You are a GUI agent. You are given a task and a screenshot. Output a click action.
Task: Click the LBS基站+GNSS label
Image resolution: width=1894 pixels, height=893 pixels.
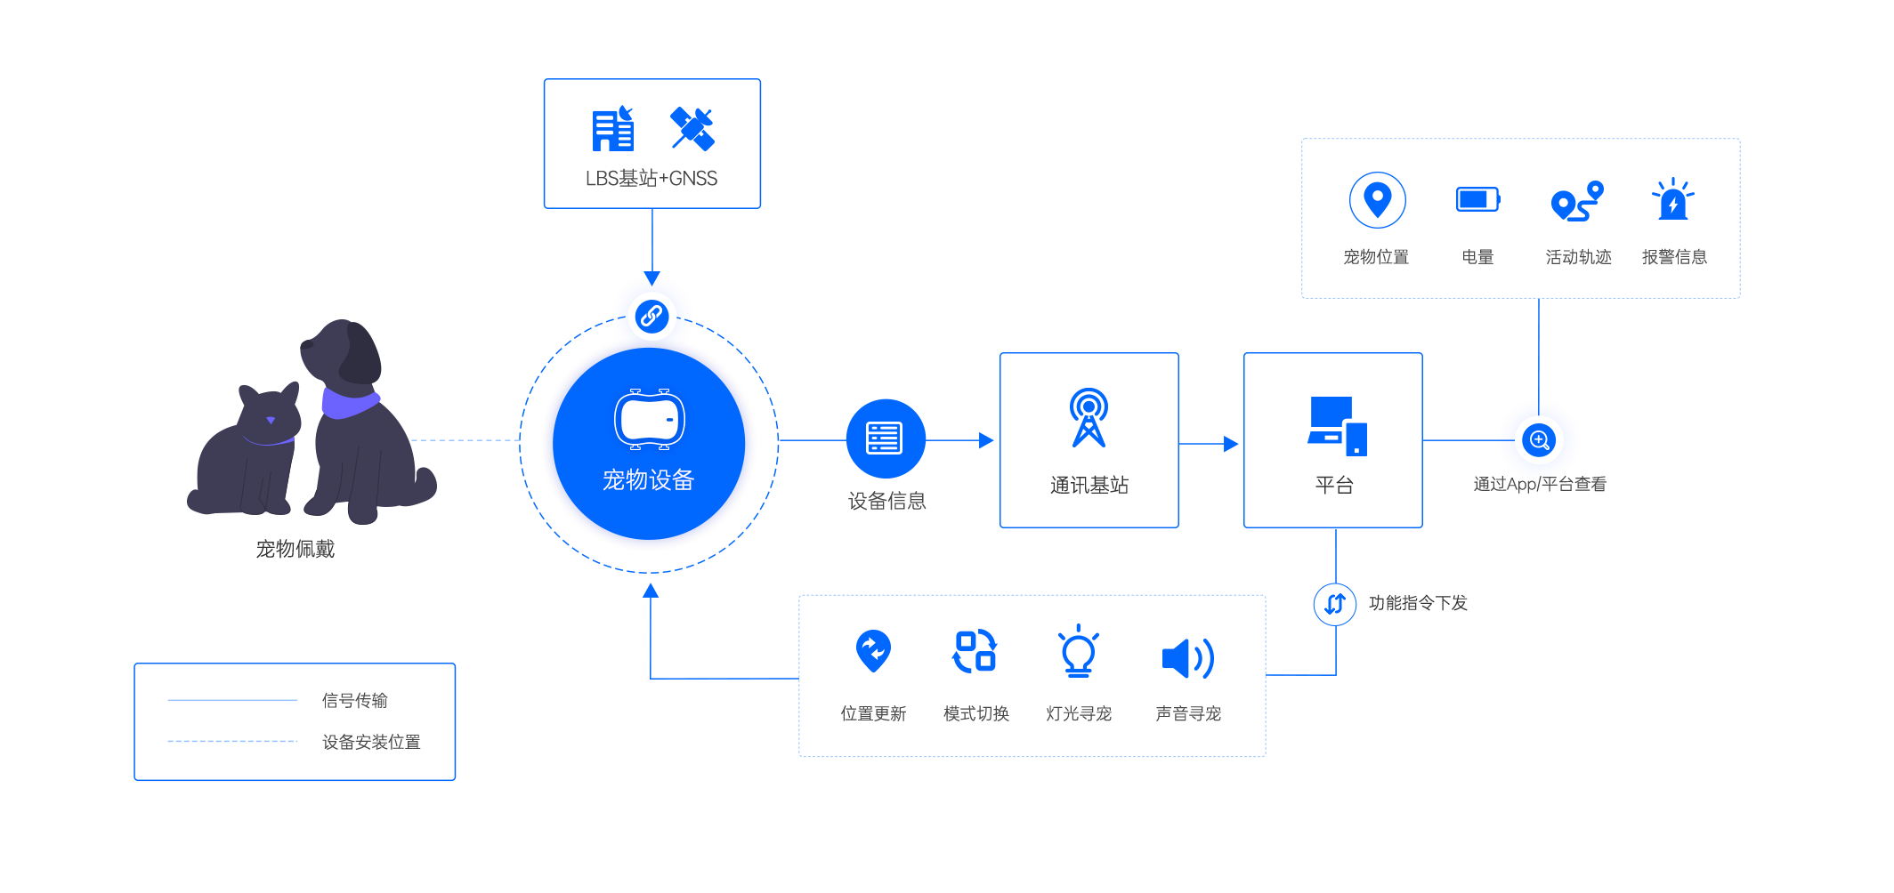(x=652, y=179)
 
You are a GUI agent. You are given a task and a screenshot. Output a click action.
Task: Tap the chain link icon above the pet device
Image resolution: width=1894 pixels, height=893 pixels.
(x=652, y=316)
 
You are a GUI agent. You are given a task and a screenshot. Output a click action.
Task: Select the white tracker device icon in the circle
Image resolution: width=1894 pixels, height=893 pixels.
(x=650, y=420)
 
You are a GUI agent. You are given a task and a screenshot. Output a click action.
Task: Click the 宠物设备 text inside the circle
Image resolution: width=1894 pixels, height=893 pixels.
(x=648, y=480)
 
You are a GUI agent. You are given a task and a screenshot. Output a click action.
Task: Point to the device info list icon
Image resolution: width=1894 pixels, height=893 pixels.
(x=884, y=438)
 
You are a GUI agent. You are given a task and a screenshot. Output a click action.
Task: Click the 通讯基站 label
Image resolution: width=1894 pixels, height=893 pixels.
(x=1089, y=485)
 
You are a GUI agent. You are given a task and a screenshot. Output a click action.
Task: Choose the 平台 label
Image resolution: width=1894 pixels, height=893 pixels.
(x=1334, y=485)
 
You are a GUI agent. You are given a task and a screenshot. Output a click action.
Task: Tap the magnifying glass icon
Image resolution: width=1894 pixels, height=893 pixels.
(x=1539, y=439)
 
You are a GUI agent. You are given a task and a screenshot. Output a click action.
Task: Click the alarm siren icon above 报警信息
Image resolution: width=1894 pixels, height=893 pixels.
(x=1672, y=199)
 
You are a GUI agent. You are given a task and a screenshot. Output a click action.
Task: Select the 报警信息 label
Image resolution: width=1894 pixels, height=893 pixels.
(x=1674, y=257)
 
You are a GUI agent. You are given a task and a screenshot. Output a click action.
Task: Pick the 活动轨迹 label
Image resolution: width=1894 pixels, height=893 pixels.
(x=1578, y=257)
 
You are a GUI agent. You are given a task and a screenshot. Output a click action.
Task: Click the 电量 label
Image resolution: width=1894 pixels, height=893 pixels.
(x=1477, y=257)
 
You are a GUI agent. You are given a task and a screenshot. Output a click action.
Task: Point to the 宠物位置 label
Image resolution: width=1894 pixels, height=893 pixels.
(x=1376, y=257)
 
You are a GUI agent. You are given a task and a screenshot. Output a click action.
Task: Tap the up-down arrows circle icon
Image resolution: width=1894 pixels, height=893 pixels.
(x=1335, y=604)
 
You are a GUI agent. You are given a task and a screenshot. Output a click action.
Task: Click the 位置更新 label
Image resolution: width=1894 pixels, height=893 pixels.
(x=873, y=713)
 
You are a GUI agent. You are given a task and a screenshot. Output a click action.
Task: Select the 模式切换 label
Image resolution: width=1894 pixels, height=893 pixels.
(x=975, y=713)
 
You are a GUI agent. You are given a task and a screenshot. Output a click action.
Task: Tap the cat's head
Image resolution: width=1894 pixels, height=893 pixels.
(x=270, y=413)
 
